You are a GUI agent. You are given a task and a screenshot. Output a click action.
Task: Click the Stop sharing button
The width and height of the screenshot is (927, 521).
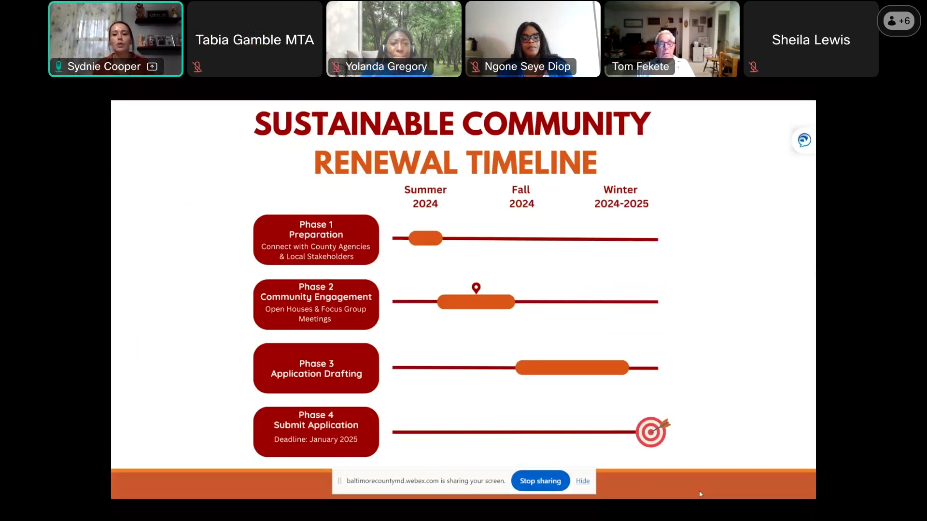(x=540, y=481)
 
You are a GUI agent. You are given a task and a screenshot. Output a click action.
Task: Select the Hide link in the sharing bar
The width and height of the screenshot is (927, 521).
(x=583, y=481)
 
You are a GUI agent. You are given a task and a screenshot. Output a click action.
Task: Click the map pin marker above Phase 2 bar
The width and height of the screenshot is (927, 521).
(x=476, y=288)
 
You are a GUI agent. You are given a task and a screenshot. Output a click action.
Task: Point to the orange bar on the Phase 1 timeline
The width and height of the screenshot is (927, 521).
(x=425, y=238)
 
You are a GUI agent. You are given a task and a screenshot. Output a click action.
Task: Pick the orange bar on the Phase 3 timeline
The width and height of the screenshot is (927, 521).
(x=572, y=368)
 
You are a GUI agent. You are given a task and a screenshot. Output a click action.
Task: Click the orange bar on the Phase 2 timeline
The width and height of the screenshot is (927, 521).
(x=476, y=302)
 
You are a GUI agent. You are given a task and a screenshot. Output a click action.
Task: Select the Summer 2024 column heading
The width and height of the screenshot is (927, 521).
(x=425, y=197)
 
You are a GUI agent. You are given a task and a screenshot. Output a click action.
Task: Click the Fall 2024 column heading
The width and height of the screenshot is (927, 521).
(x=521, y=197)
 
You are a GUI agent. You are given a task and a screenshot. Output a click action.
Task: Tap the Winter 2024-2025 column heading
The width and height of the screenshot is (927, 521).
(x=621, y=197)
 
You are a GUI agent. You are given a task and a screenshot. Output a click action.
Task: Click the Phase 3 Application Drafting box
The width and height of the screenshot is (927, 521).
(x=316, y=368)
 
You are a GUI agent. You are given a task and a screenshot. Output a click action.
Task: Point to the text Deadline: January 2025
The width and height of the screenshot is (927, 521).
(x=316, y=439)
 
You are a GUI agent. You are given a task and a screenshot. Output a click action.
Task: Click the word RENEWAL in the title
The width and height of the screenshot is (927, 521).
(x=386, y=163)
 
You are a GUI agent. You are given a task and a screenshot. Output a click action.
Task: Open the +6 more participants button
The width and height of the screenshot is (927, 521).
(x=899, y=21)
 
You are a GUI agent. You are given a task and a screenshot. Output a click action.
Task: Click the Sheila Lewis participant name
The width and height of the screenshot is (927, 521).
(x=811, y=40)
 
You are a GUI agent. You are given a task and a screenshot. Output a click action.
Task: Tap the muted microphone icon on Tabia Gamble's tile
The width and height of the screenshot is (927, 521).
(x=197, y=67)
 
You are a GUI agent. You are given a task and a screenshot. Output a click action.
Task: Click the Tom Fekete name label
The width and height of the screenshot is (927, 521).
(x=641, y=67)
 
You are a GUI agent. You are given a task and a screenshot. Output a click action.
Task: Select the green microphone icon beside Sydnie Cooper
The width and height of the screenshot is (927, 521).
(x=58, y=67)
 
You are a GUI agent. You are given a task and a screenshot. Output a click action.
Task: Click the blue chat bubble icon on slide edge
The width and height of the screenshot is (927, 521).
(x=804, y=140)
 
